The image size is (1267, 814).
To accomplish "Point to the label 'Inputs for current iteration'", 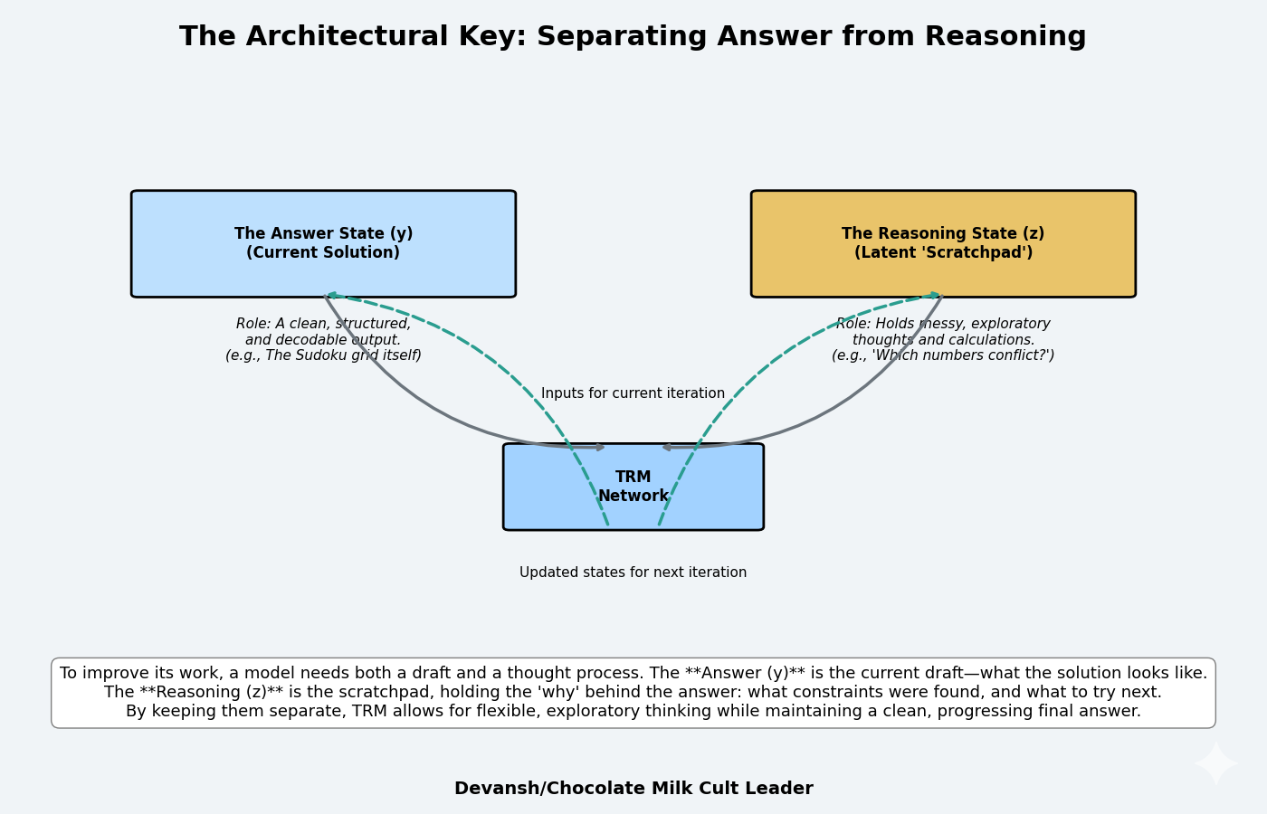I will [x=633, y=393].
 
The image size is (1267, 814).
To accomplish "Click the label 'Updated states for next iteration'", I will [x=633, y=573].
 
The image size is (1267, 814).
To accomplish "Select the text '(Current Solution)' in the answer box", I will [x=323, y=253].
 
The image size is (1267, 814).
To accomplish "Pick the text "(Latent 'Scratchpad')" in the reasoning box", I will [x=943, y=253].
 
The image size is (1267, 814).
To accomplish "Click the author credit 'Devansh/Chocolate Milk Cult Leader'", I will [x=633, y=789].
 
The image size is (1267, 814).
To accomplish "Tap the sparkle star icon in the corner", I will [x=1215, y=764].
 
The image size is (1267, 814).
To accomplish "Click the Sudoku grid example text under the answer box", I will [x=323, y=355].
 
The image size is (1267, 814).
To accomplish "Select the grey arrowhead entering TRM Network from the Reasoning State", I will [x=668, y=447].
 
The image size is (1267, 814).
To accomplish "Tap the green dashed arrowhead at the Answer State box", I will [x=332, y=295].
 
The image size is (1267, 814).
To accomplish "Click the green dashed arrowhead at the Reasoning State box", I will [x=934, y=295].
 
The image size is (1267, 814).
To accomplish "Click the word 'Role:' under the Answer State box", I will [x=254, y=324].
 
